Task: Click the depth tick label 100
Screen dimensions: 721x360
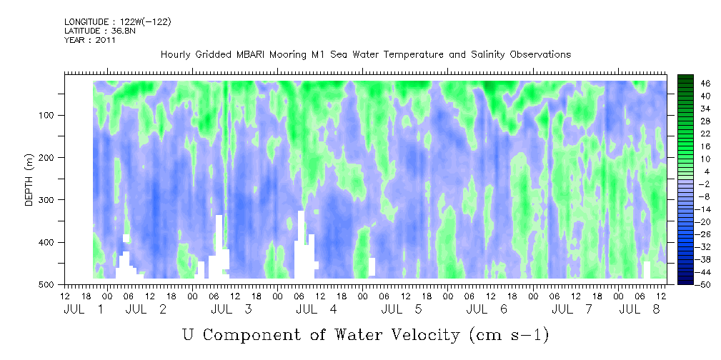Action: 49,115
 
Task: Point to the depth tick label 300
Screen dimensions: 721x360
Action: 49,199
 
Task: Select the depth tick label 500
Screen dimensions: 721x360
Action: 49,284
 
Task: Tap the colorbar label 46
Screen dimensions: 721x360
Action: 693,84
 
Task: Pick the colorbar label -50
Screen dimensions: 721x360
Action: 691,284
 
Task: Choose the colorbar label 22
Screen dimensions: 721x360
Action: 693,136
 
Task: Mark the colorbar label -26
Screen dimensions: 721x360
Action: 691,234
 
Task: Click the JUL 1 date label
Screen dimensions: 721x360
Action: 84,310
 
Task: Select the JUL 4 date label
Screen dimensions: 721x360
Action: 317,310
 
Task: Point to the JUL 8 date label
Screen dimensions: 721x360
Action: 640,310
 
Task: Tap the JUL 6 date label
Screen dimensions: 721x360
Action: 487,310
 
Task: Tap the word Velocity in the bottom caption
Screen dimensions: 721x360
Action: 422,335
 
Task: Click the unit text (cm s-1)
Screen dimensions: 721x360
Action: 509,336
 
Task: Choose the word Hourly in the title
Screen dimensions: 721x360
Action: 174,55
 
